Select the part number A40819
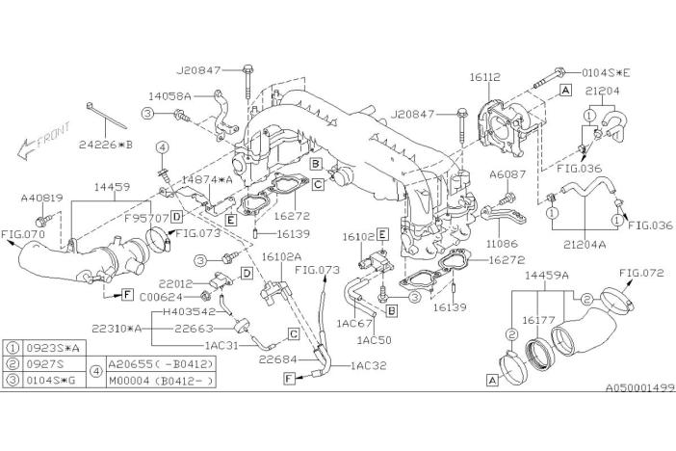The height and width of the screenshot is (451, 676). (42, 199)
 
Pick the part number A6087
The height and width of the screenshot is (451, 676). (506, 174)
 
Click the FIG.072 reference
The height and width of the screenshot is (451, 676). (642, 273)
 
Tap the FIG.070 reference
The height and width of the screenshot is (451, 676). (24, 233)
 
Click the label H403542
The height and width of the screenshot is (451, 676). (193, 310)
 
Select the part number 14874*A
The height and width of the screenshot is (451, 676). (208, 180)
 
